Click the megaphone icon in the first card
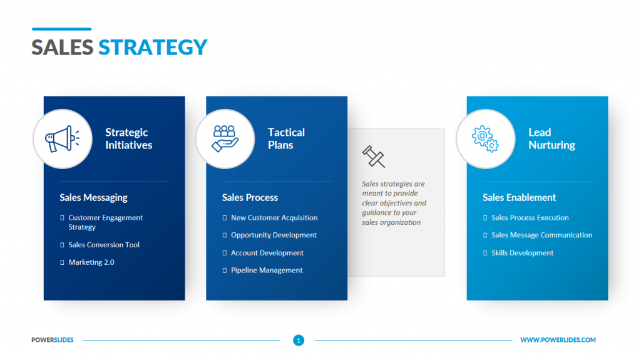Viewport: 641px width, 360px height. click(x=63, y=138)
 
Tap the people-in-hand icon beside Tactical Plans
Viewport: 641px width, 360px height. click(x=225, y=138)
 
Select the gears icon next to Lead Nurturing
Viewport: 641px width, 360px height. click(x=485, y=138)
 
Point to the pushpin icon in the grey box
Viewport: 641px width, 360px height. click(x=373, y=157)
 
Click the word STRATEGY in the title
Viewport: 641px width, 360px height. click(x=153, y=48)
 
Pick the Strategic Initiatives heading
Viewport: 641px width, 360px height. click(x=128, y=138)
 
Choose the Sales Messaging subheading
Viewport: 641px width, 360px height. click(x=93, y=197)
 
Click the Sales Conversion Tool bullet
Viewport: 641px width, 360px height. click(x=104, y=245)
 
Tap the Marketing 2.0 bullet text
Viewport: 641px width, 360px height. click(x=91, y=262)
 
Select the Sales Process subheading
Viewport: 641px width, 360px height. click(x=250, y=197)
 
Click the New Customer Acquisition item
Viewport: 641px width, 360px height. click(x=274, y=218)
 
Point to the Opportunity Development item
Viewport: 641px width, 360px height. click(x=274, y=235)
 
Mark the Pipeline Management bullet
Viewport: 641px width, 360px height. click(x=267, y=270)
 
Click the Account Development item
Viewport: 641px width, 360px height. click(x=267, y=253)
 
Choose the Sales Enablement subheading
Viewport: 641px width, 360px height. click(x=519, y=197)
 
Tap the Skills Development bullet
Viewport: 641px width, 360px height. click(x=523, y=253)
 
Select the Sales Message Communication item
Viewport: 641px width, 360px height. click(x=541, y=235)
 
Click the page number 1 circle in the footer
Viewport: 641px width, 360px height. click(x=299, y=341)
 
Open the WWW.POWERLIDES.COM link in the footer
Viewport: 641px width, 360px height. click(x=558, y=340)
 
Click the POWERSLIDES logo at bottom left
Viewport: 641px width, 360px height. click(x=53, y=340)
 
